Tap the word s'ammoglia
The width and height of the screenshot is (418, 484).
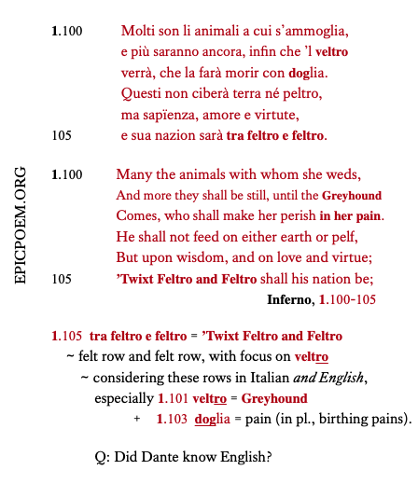[x=311, y=32]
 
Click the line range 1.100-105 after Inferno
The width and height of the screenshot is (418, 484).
[x=347, y=299]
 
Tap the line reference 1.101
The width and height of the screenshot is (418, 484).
[x=173, y=398]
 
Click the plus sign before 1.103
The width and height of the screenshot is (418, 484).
[x=137, y=420]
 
